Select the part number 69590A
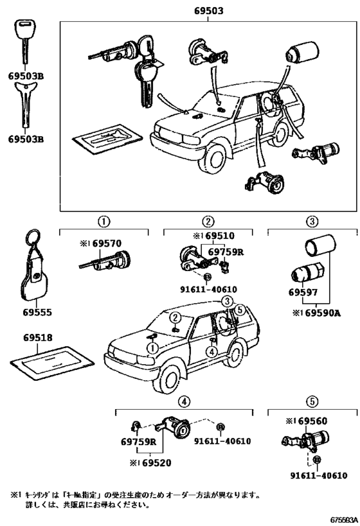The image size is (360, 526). [x=316, y=312]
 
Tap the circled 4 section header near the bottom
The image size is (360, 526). [x=184, y=401]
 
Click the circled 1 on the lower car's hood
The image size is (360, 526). [x=152, y=347]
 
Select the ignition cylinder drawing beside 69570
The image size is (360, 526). [x=107, y=261]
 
